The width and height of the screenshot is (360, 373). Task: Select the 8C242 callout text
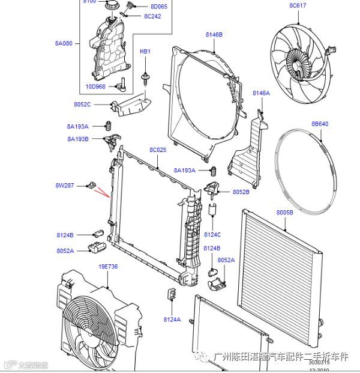pos(152,16)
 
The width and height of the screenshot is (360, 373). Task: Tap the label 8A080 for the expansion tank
pos(64,43)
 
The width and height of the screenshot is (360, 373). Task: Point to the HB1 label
pos(145,52)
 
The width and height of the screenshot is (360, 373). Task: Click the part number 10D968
pos(95,86)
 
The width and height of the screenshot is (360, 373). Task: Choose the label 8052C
pos(82,105)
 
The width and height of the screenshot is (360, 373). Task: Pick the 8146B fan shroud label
pos(214,35)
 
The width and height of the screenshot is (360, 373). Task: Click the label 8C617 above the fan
pos(298,5)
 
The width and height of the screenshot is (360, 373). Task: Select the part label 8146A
pos(262,93)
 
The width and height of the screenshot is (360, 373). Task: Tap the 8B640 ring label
pos(320,124)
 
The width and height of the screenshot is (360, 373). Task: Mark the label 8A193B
pos(78,139)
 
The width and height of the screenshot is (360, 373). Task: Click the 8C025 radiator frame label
pos(158,150)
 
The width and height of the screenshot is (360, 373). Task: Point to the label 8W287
pos(65,186)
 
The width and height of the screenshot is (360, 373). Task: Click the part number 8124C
pos(212,235)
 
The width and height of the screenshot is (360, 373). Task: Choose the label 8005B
pos(284,213)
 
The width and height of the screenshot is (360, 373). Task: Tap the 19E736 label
pos(108,266)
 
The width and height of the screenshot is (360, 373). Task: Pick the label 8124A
pos(172,320)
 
